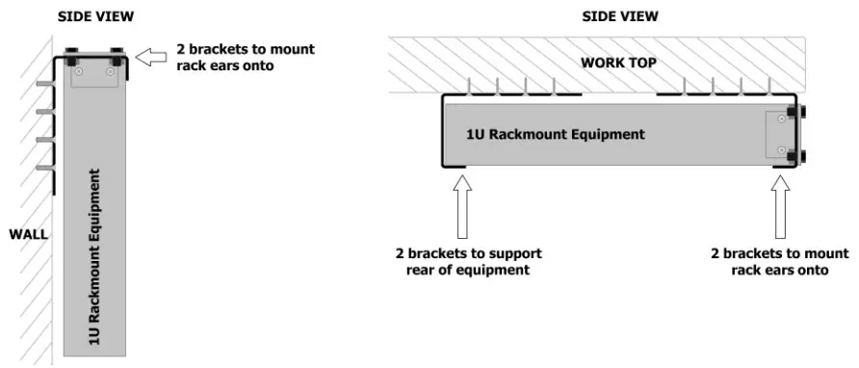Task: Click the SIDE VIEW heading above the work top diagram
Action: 620,16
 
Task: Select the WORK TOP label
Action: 619,64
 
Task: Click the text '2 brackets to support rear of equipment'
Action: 468,262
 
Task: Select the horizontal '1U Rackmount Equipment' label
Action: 556,134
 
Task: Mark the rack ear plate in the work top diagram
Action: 776,134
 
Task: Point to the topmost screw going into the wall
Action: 43,85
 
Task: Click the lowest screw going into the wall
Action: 43,169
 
